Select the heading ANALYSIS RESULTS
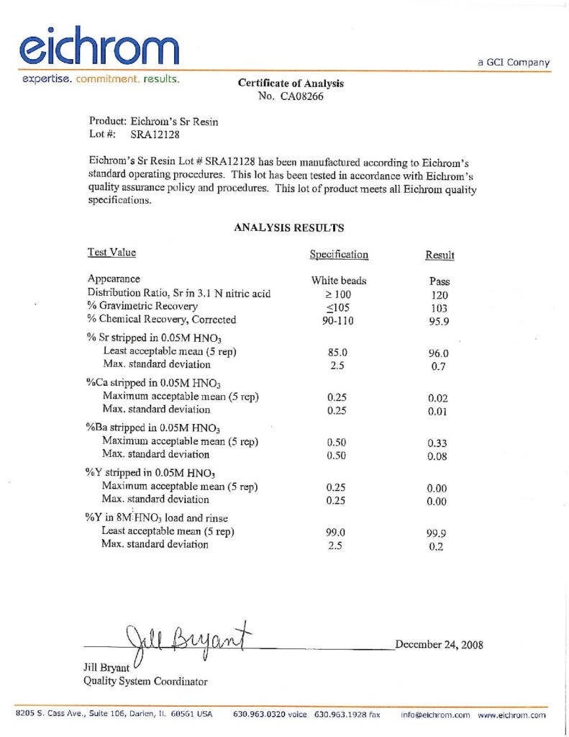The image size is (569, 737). click(289, 228)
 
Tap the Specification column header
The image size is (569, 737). click(339, 254)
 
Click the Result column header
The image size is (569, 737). click(440, 255)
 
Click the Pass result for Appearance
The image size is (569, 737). click(439, 281)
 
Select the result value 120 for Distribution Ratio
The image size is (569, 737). click(439, 294)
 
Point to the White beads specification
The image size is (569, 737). click(339, 281)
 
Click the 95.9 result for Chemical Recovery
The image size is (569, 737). click(439, 321)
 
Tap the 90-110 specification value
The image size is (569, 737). click(338, 320)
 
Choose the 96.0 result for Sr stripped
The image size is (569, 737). click(438, 353)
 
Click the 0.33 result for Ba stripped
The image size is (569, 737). click(438, 443)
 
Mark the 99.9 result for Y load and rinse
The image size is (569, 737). click(438, 533)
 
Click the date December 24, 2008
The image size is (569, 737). click(439, 644)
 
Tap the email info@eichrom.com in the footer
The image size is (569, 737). click(435, 715)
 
